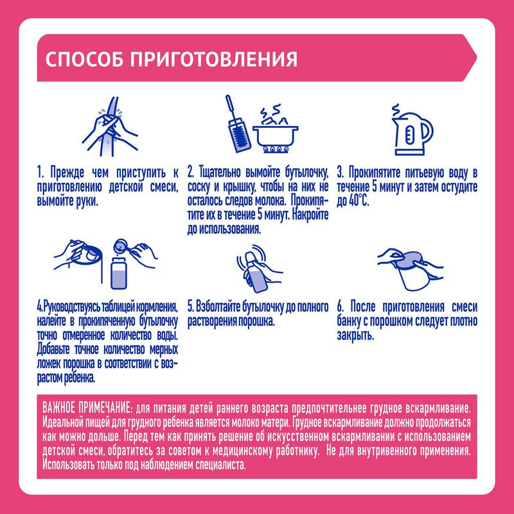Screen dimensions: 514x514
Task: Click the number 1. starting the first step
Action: (40, 173)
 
